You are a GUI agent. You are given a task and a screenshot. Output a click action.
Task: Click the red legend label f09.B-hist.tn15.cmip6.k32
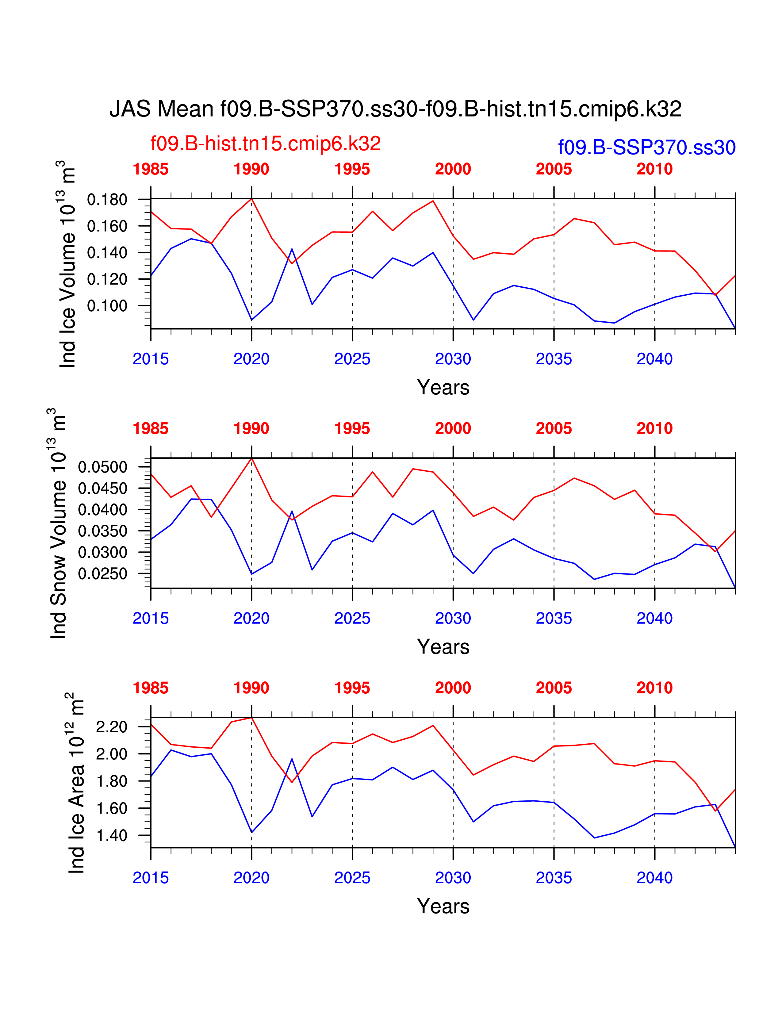tap(266, 144)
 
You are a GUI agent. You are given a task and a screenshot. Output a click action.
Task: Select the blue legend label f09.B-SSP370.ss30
tap(647, 147)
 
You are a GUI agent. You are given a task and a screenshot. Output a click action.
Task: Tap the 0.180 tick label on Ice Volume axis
tap(107, 200)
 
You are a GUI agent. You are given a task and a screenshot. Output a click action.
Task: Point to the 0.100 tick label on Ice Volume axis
tap(107, 306)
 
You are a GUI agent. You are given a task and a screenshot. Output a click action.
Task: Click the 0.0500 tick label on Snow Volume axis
tap(102, 467)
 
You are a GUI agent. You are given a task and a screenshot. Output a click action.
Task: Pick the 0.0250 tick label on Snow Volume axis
tap(102, 574)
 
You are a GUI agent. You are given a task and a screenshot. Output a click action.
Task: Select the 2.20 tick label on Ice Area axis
tap(112, 726)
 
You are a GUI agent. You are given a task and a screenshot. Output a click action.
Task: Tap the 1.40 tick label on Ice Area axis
tap(112, 835)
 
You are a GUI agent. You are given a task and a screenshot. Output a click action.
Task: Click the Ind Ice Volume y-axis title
tap(67, 264)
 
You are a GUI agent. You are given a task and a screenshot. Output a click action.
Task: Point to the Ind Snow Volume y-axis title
tap(58, 523)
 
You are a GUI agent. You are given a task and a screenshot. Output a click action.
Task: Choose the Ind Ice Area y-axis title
tap(76, 783)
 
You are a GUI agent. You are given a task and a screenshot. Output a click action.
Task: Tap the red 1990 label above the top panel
tap(251, 169)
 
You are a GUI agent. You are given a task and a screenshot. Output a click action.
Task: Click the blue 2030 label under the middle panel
tap(453, 618)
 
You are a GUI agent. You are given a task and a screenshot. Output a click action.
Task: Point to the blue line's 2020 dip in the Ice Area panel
tap(251, 832)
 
